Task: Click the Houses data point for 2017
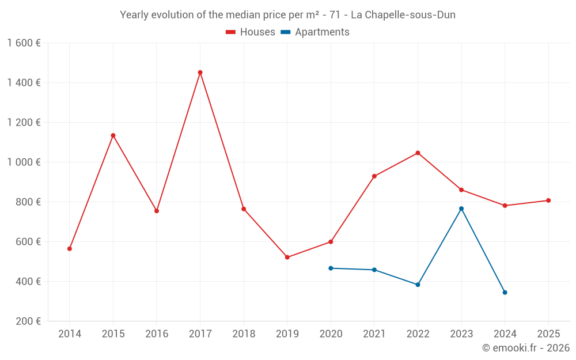pos(200,73)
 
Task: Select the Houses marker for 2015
pos(113,135)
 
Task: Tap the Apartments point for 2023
pos(461,209)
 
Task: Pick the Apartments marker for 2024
pos(505,293)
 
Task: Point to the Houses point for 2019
pos(287,257)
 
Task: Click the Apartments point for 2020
pos(331,268)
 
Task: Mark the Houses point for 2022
pos(418,153)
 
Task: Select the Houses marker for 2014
pos(70,249)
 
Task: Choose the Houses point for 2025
pos(548,200)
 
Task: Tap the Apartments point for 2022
pos(418,285)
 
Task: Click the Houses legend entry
pos(251,32)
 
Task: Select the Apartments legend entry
pos(315,32)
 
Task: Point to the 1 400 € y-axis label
pos(24,83)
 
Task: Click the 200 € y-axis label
pos(28,321)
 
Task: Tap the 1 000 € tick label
pos(24,162)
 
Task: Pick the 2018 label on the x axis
pos(244,334)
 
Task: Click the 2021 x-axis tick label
pos(374,334)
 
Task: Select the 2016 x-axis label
pos(157,334)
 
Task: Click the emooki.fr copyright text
pos(525,348)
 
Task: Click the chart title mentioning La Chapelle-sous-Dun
pos(287,15)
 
